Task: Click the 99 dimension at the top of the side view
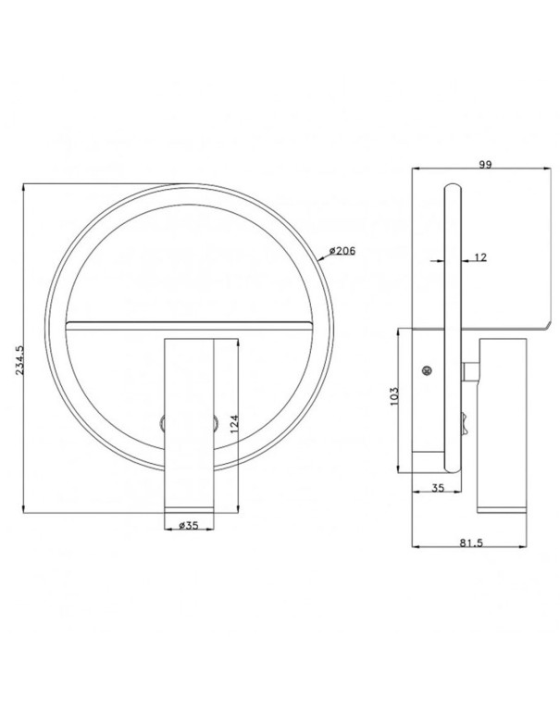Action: [x=483, y=164]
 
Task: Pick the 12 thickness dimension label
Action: [x=479, y=256]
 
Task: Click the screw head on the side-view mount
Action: [x=427, y=371]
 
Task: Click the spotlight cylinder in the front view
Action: [x=189, y=417]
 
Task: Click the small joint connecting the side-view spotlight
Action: [x=469, y=373]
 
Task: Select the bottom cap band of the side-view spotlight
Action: [x=501, y=502]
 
